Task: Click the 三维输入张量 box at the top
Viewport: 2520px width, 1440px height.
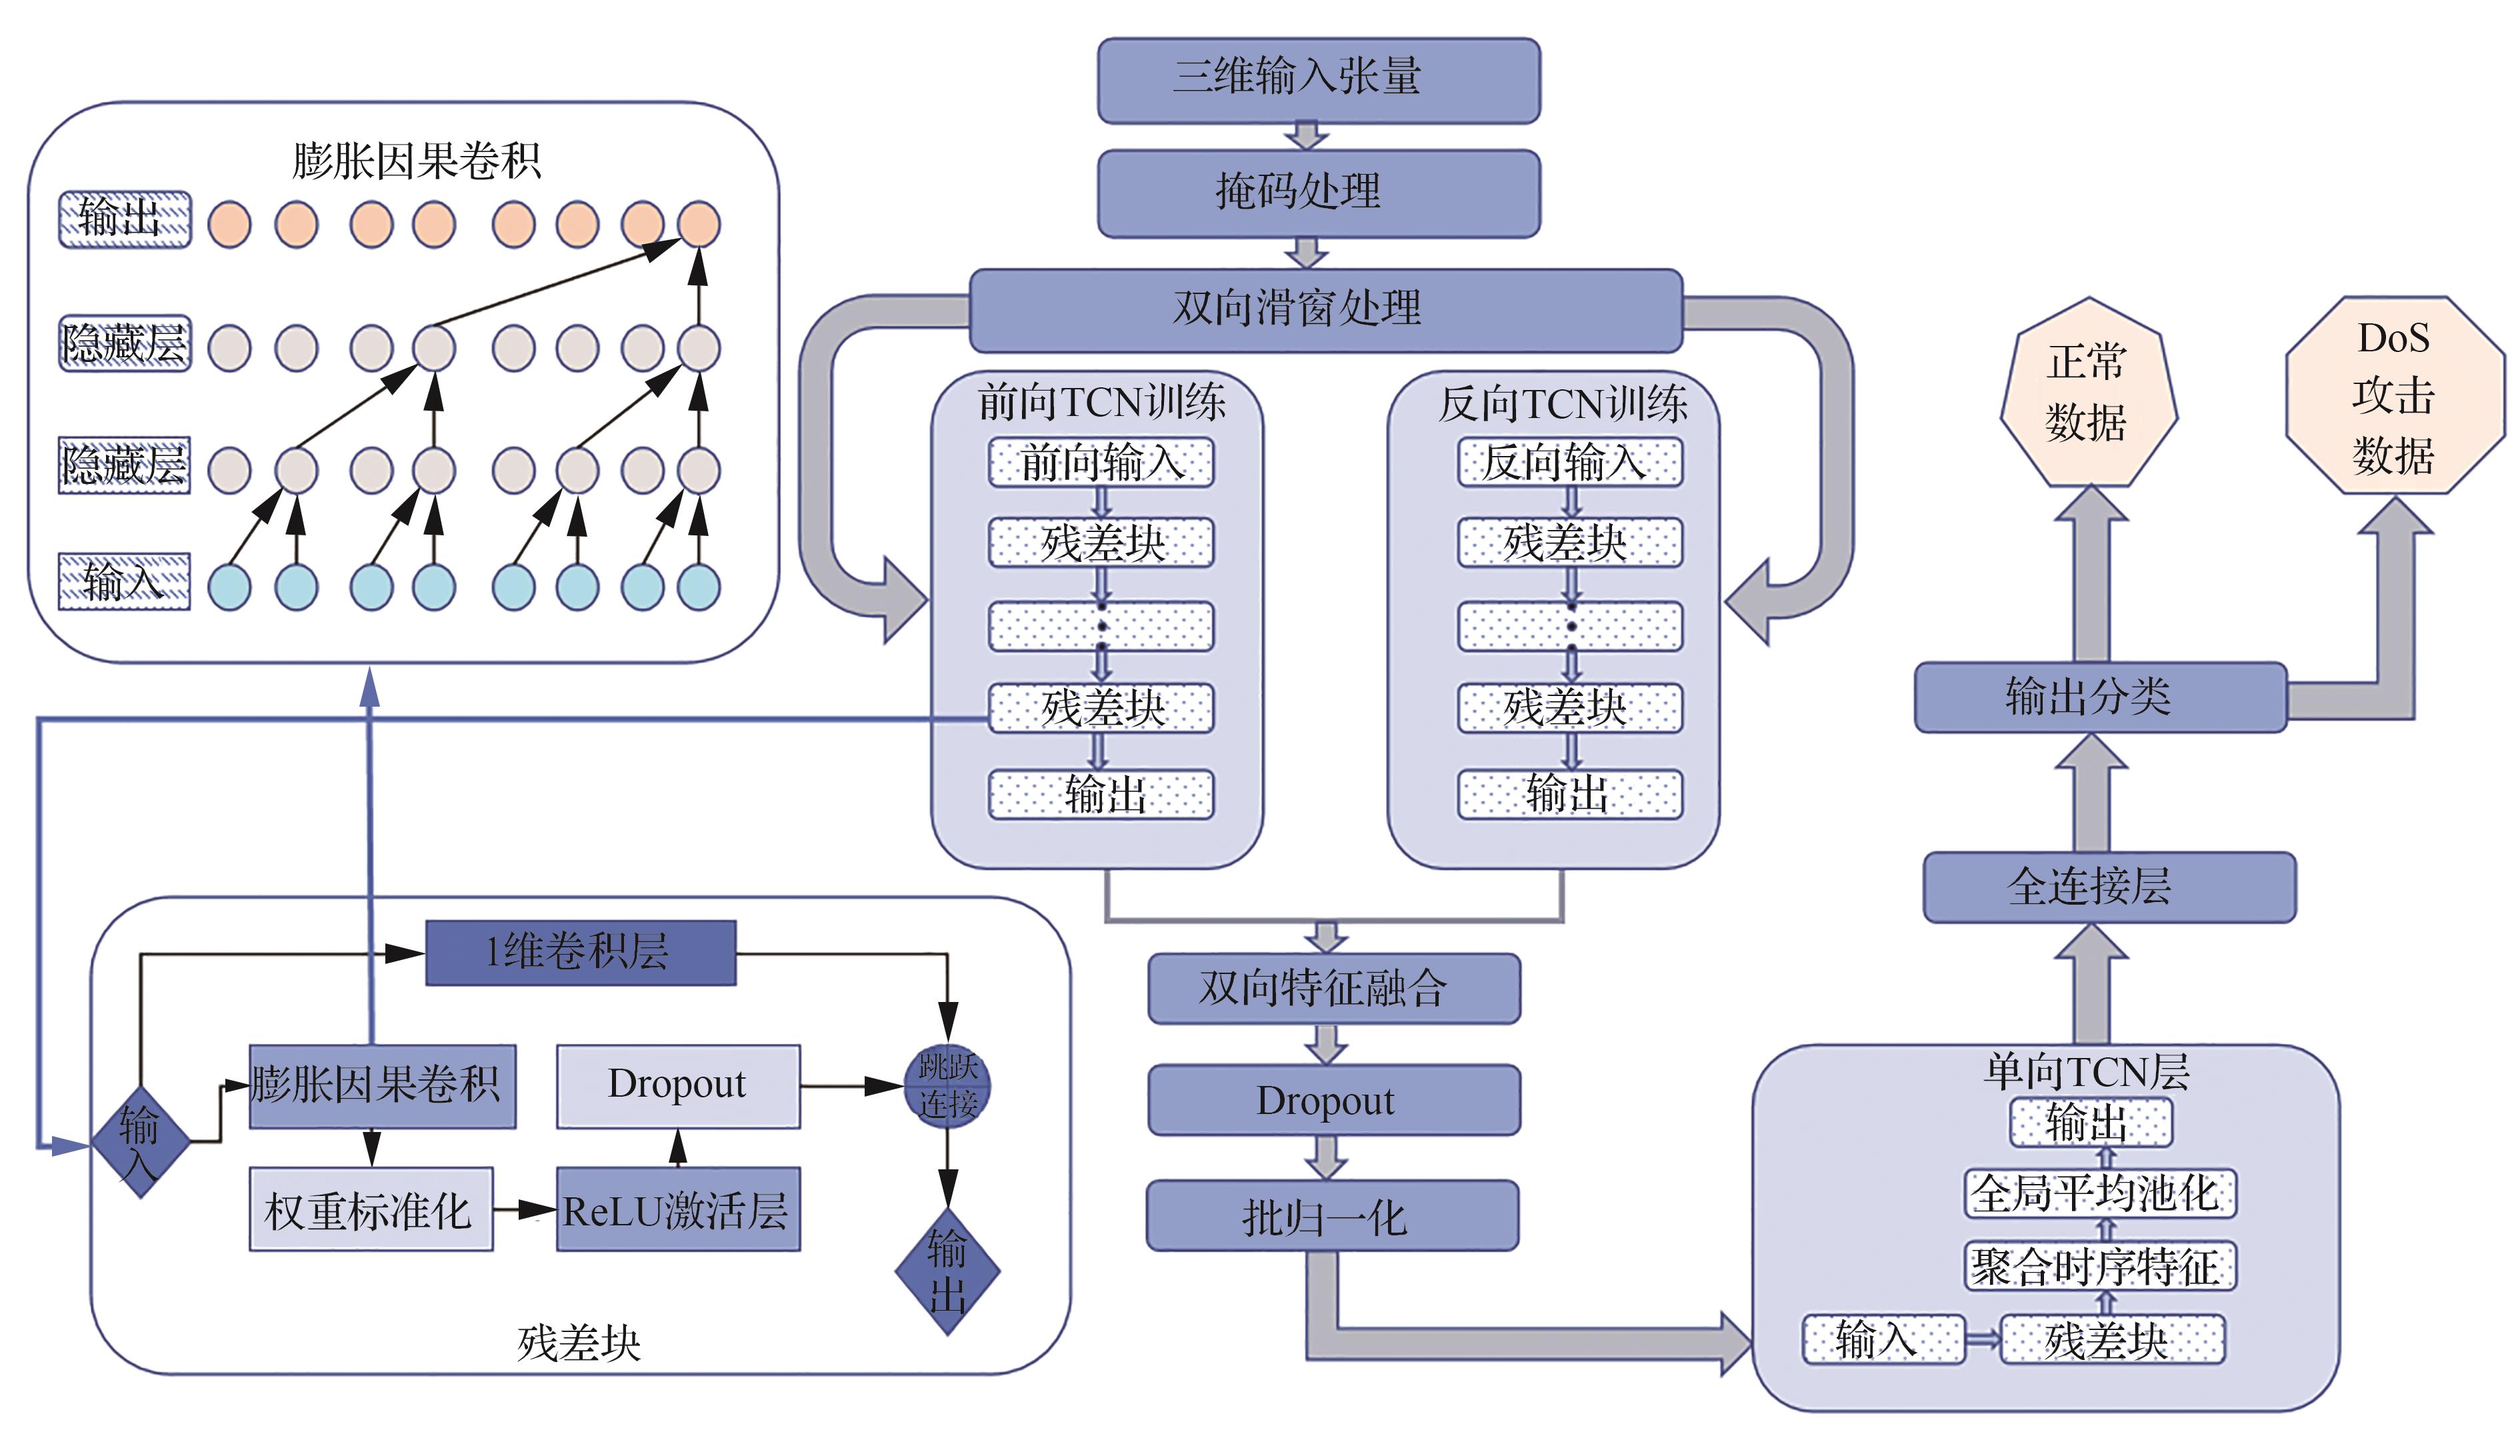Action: point(1319,80)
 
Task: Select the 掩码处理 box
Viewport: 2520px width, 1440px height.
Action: point(1319,193)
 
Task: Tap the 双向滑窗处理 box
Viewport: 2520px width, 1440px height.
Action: point(1325,309)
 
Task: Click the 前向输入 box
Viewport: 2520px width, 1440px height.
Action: point(1101,462)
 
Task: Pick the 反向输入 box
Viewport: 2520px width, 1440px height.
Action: point(1569,462)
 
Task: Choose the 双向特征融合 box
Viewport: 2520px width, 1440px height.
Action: point(1333,988)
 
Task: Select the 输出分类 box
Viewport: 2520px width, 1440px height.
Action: point(2100,697)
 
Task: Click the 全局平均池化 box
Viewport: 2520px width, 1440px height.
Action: point(2100,1194)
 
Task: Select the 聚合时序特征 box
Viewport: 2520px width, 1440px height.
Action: point(2100,1267)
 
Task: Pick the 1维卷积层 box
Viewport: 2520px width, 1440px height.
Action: point(581,953)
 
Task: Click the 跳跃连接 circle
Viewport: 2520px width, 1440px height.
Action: point(947,1086)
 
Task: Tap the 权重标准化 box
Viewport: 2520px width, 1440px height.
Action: point(371,1209)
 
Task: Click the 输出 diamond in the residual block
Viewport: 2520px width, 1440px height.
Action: point(947,1271)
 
